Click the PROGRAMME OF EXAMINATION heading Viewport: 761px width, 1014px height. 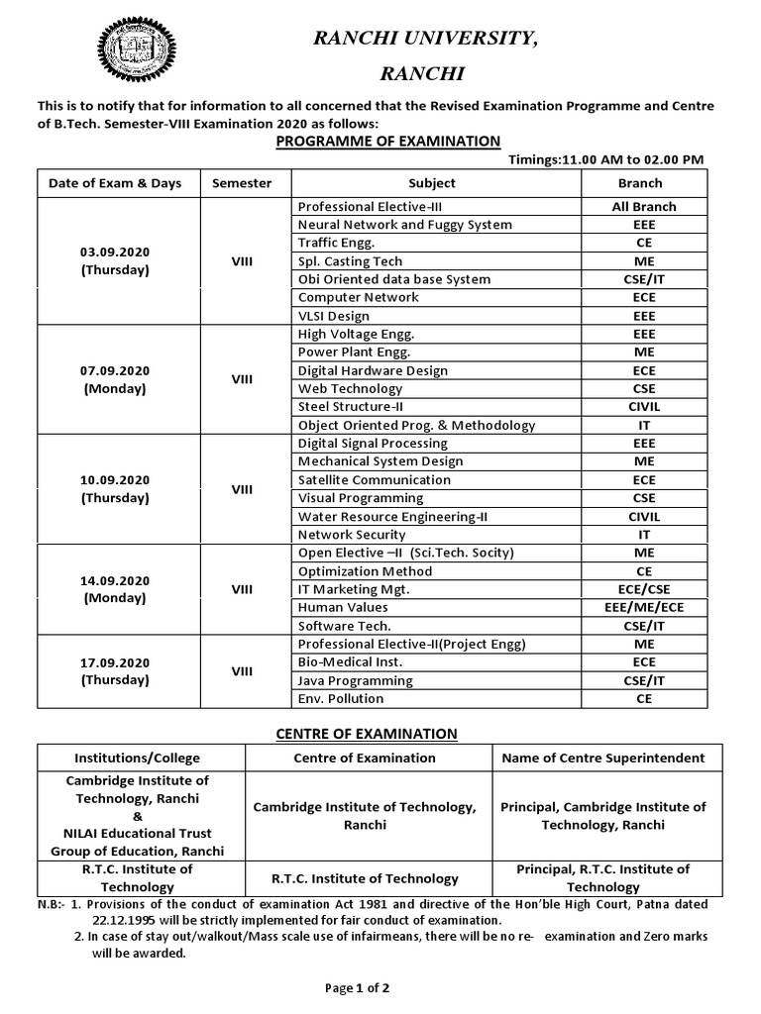coord(387,142)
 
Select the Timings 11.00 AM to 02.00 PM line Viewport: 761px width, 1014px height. coord(605,159)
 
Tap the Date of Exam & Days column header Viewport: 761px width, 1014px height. coord(115,183)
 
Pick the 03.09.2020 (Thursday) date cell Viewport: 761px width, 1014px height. coord(115,261)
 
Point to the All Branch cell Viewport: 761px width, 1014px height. coord(643,207)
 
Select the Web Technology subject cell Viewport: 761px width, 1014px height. coord(350,388)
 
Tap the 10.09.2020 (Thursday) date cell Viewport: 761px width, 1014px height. coord(115,488)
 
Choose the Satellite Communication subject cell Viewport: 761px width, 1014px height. coord(374,479)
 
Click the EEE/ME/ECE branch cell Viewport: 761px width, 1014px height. coord(643,607)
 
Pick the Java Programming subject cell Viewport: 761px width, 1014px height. coord(355,680)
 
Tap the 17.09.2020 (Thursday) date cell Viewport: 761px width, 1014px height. coord(115,671)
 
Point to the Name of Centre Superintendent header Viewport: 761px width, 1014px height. coord(602,758)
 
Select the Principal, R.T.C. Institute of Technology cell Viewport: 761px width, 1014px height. coord(602,877)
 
